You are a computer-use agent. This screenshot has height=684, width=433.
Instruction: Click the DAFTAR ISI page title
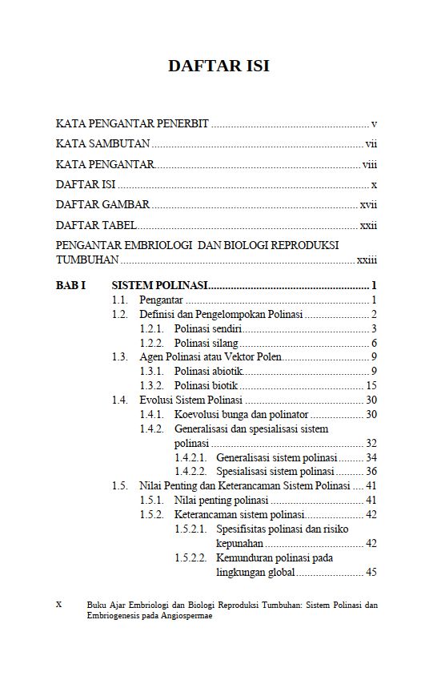pos(218,66)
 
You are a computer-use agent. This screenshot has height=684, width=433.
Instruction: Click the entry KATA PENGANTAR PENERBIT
pos(132,124)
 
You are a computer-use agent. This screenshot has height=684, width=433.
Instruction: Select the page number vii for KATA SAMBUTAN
pos(371,144)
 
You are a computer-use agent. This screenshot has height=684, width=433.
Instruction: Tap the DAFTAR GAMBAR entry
pos(102,204)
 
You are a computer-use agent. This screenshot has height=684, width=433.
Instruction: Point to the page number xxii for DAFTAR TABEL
pos(368,225)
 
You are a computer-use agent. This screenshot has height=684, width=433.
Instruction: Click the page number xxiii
pos(367,260)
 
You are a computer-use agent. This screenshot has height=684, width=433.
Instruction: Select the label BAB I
pos(71,285)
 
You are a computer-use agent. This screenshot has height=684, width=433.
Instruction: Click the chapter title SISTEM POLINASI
pos(160,285)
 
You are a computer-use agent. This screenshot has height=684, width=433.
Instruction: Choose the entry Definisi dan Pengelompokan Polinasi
pos(221,314)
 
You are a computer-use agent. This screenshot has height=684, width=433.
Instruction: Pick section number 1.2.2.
pos(151,343)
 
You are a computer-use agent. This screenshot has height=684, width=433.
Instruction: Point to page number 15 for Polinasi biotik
pos(371,386)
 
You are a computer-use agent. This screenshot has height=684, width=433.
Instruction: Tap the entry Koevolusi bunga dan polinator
pos(241,414)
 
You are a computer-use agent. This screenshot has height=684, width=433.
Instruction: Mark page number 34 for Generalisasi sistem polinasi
pos(371,457)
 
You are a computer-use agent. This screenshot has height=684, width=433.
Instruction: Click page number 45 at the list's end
pos(371,573)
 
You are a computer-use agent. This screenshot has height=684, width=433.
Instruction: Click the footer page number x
pos(58,606)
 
